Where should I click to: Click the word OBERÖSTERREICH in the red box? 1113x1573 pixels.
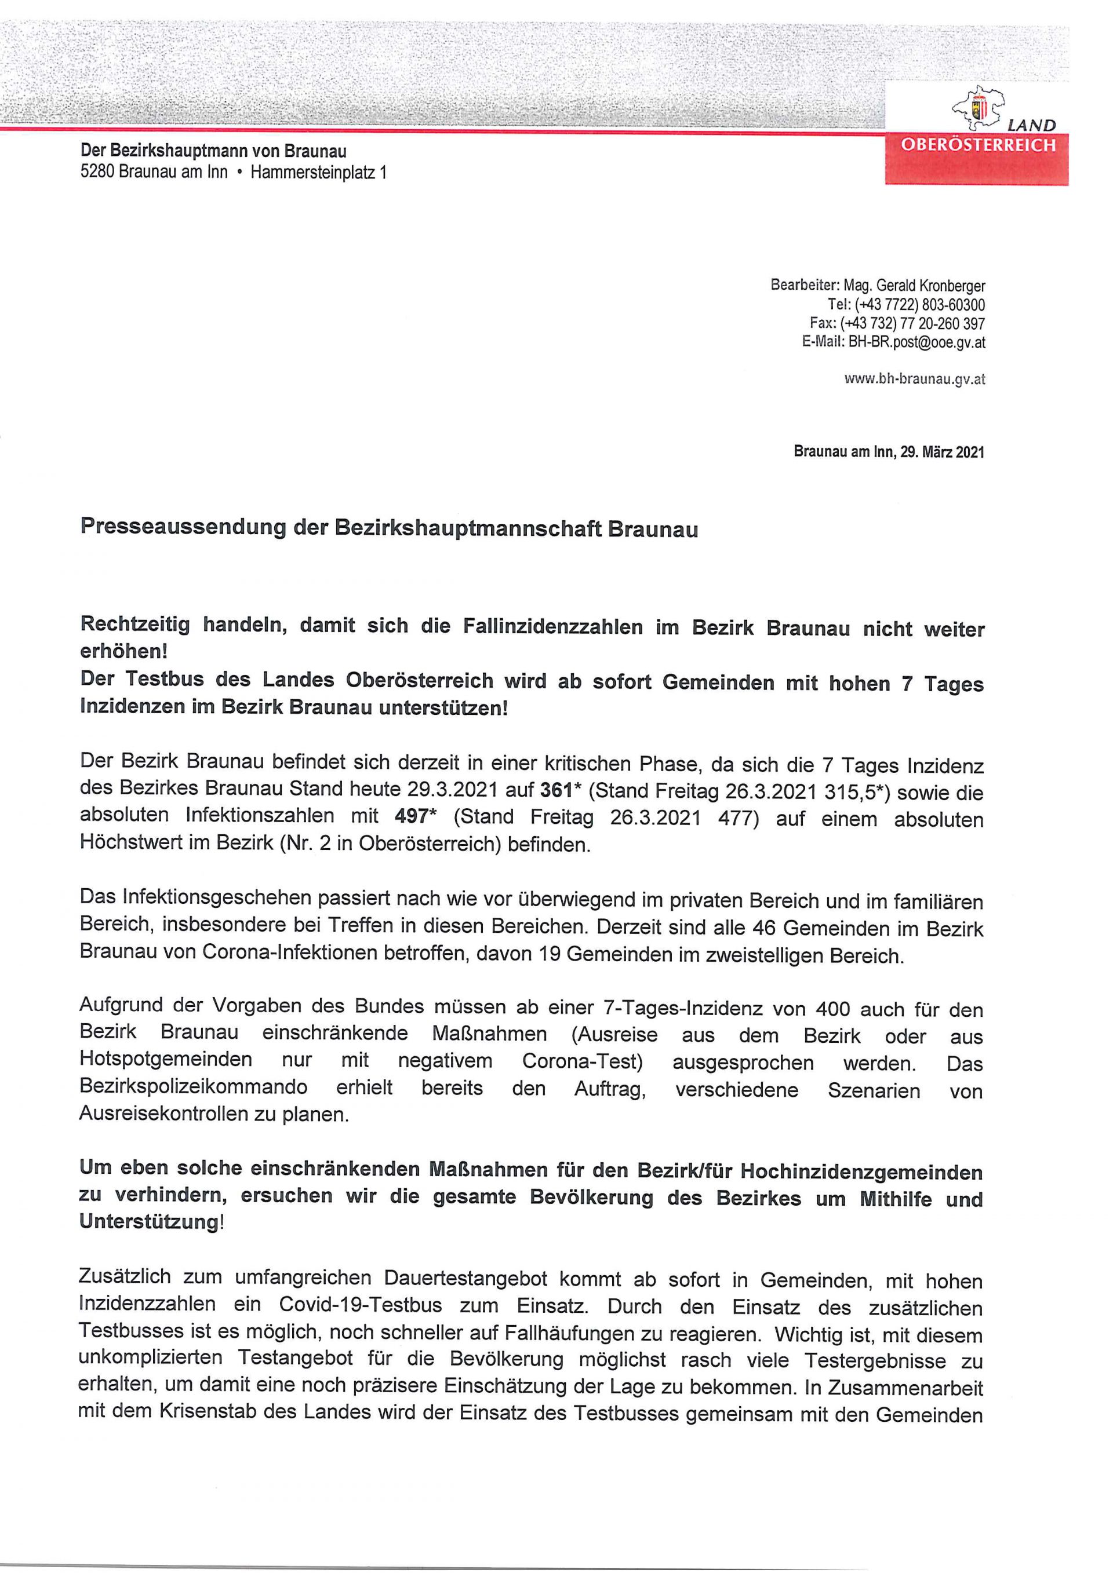(x=978, y=146)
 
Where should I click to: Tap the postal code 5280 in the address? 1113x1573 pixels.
(x=97, y=172)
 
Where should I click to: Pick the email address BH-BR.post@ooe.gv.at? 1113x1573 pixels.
(x=917, y=342)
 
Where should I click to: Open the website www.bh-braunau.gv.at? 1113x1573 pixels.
(x=915, y=379)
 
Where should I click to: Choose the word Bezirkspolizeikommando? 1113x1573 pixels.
(x=193, y=1088)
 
